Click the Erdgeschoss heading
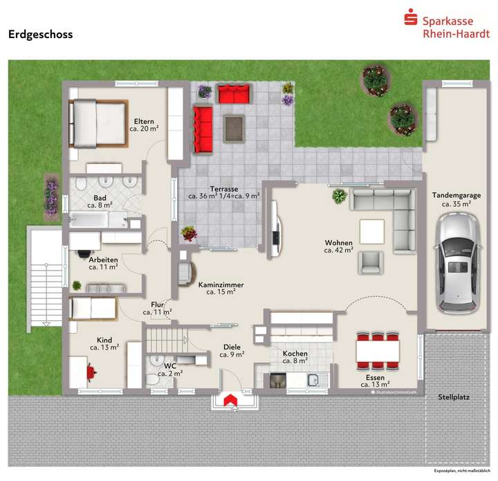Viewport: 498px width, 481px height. [x=40, y=34]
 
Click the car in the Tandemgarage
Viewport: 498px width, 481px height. [x=456, y=262]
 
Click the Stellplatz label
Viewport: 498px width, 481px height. [x=454, y=397]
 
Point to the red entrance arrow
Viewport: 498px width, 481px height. [x=229, y=399]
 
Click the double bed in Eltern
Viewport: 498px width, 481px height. [x=97, y=124]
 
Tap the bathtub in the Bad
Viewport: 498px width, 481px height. [x=89, y=221]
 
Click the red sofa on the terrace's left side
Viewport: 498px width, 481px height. [x=203, y=129]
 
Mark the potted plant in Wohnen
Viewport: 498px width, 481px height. [x=339, y=197]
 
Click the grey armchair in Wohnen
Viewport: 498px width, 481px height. [x=371, y=262]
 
